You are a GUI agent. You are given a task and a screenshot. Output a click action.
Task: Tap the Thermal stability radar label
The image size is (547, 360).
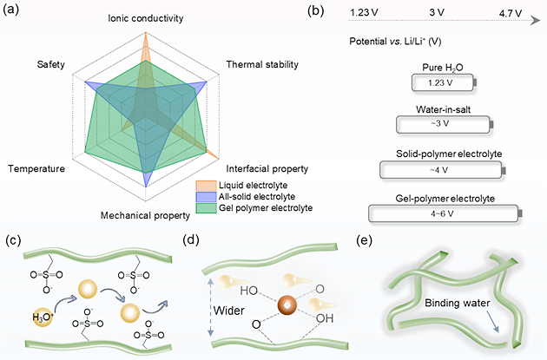(x=262, y=65)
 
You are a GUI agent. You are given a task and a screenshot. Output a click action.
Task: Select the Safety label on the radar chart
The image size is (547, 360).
(x=49, y=65)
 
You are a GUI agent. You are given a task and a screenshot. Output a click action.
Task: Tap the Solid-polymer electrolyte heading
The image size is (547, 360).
(x=445, y=154)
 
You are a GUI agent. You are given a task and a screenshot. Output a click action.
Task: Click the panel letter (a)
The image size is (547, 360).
(x=12, y=12)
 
